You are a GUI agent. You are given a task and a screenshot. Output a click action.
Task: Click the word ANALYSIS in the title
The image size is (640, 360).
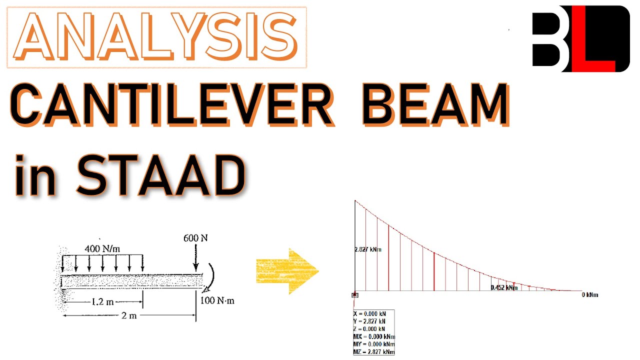[x=156, y=37]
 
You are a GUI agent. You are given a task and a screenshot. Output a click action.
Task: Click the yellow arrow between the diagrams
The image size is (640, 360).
[x=287, y=272]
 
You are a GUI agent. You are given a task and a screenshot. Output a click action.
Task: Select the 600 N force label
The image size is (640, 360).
[x=195, y=238]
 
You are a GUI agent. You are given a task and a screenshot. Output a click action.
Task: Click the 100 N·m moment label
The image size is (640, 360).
[x=217, y=300]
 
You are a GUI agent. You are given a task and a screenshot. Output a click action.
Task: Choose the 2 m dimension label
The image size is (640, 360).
[x=129, y=316]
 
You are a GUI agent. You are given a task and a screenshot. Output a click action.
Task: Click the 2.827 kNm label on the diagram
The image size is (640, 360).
[x=368, y=249]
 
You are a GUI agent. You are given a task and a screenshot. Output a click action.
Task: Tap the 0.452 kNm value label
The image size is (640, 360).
[x=504, y=287]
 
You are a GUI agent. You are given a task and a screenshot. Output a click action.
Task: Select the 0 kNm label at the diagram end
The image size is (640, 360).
[x=589, y=294]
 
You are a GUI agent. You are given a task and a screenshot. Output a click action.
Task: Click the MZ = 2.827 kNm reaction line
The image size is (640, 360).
[x=374, y=352]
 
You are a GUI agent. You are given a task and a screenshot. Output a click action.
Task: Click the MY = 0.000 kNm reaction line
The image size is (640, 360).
[x=374, y=344]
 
